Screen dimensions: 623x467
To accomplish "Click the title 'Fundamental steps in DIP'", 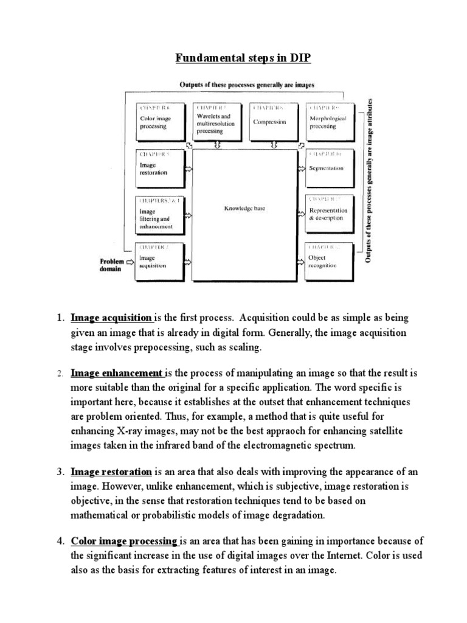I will click(x=234, y=58).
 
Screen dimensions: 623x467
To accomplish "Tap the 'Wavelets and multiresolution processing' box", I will click(x=217, y=120).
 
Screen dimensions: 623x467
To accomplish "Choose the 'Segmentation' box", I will click(x=328, y=167).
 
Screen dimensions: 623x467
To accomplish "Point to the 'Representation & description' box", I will click(x=328, y=213).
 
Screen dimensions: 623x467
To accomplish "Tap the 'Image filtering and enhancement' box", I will click(x=161, y=214).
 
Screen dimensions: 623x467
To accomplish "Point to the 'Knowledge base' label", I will click(x=244, y=208).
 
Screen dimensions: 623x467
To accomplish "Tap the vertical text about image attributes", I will click(x=368, y=179).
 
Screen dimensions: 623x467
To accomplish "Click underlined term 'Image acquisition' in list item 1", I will click(x=111, y=318).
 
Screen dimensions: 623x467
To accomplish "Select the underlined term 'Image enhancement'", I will click(x=117, y=373).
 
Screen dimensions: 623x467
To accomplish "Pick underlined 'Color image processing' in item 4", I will click(x=123, y=540).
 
